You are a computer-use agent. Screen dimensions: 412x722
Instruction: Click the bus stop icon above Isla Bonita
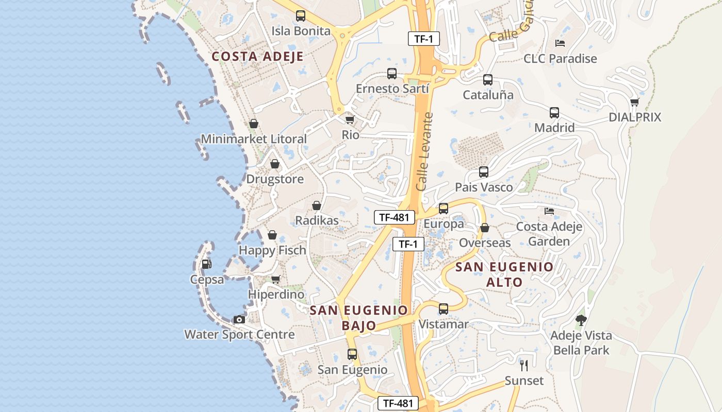(301, 16)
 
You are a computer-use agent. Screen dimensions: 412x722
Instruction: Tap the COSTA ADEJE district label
(257, 56)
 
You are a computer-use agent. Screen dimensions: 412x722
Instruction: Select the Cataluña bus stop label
(488, 95)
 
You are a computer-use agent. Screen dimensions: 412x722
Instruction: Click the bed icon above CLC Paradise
(560, 43)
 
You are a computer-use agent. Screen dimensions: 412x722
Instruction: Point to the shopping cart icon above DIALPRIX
(634, 102)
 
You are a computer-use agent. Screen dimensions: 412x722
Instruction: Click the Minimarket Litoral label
(253, 139)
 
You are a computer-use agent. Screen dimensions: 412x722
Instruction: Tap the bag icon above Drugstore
(275, 164)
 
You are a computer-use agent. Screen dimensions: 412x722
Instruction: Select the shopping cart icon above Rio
(350, 120)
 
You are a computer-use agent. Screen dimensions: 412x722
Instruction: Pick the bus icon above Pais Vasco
(484, 172)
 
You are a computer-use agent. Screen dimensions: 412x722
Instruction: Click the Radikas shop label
(317, 220)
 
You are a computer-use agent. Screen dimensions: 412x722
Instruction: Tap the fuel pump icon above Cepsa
(206, 264)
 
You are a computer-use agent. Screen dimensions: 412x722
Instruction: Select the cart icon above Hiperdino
(276, 280)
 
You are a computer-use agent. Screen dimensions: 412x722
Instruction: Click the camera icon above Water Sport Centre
(239, 319)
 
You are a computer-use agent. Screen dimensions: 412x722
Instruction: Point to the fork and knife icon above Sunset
(524, 366)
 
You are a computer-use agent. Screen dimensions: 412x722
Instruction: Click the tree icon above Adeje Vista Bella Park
(581, 320)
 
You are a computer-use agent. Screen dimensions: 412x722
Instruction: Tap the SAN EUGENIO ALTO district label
(504, 274)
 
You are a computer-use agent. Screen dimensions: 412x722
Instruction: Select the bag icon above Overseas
(485, 228)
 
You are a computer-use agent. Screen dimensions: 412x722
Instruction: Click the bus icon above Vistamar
(444, 309)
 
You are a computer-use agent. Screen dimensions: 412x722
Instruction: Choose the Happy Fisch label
(272, 250)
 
